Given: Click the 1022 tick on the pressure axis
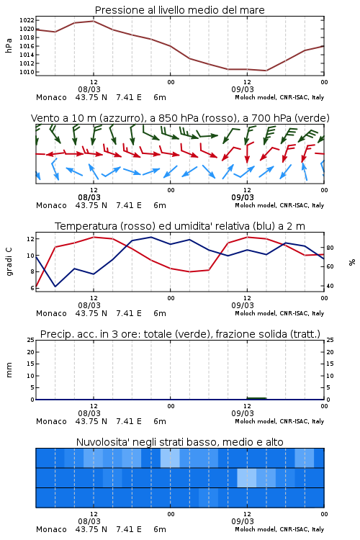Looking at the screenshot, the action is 27,20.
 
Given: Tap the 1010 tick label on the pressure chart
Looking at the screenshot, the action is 27,72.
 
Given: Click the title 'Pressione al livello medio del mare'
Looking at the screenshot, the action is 180,10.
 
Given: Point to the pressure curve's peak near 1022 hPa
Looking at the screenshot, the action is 94,21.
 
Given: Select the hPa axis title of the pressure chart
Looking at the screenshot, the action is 9,46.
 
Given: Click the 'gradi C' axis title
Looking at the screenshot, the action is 9,262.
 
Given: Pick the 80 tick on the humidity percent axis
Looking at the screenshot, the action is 330,248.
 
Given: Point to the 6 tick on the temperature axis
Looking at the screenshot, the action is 32,288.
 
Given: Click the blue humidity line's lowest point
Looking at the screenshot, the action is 55,286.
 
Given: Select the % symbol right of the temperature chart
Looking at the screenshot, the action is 352,262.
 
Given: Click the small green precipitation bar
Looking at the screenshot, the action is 256,398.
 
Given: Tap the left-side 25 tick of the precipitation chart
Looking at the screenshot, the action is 31,340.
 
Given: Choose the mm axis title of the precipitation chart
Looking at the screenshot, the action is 9,370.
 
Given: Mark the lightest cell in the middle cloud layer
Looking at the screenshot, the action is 247,477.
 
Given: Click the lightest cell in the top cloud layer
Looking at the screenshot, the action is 170,458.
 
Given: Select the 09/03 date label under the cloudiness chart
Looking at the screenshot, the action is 243,521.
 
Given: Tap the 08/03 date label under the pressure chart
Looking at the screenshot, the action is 89,89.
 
